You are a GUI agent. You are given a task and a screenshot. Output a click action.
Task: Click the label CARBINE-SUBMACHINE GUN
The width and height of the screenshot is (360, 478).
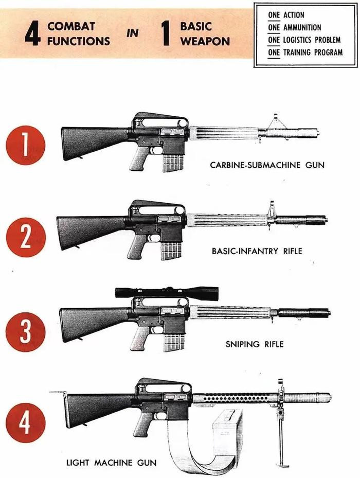coord(267,165)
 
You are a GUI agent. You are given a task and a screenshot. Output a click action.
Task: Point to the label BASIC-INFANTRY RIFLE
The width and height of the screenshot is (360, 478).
coord(257,252)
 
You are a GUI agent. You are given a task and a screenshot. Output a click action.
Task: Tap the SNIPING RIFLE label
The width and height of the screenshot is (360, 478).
coord(254,344)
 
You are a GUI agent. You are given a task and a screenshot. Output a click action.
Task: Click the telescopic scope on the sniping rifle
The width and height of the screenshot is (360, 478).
coord(167,293)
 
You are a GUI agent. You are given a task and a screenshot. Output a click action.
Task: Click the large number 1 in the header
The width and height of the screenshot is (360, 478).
coord(166,34)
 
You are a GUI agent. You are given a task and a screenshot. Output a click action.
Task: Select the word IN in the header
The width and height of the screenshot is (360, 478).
coord(133,34)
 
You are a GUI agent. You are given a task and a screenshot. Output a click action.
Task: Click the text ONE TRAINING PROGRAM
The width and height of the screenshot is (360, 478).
coord(305,52)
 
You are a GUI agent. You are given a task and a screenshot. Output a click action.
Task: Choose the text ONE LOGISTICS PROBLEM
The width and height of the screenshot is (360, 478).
coord(305,40)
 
